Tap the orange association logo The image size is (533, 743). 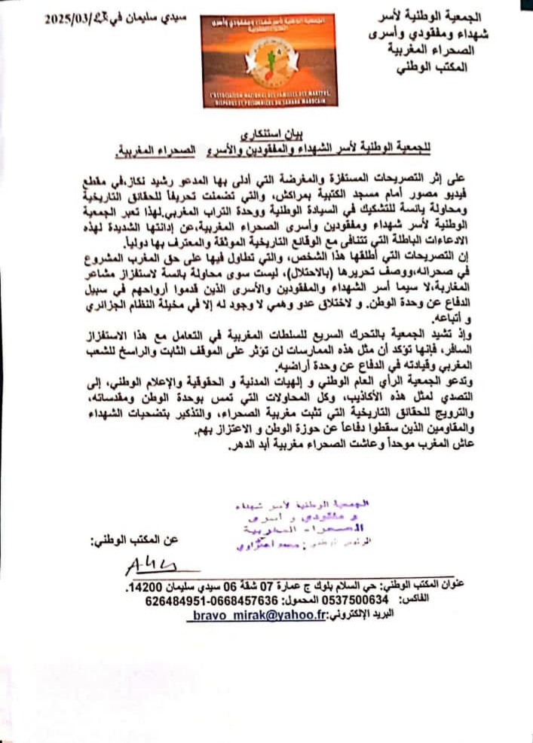pos(269,60)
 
